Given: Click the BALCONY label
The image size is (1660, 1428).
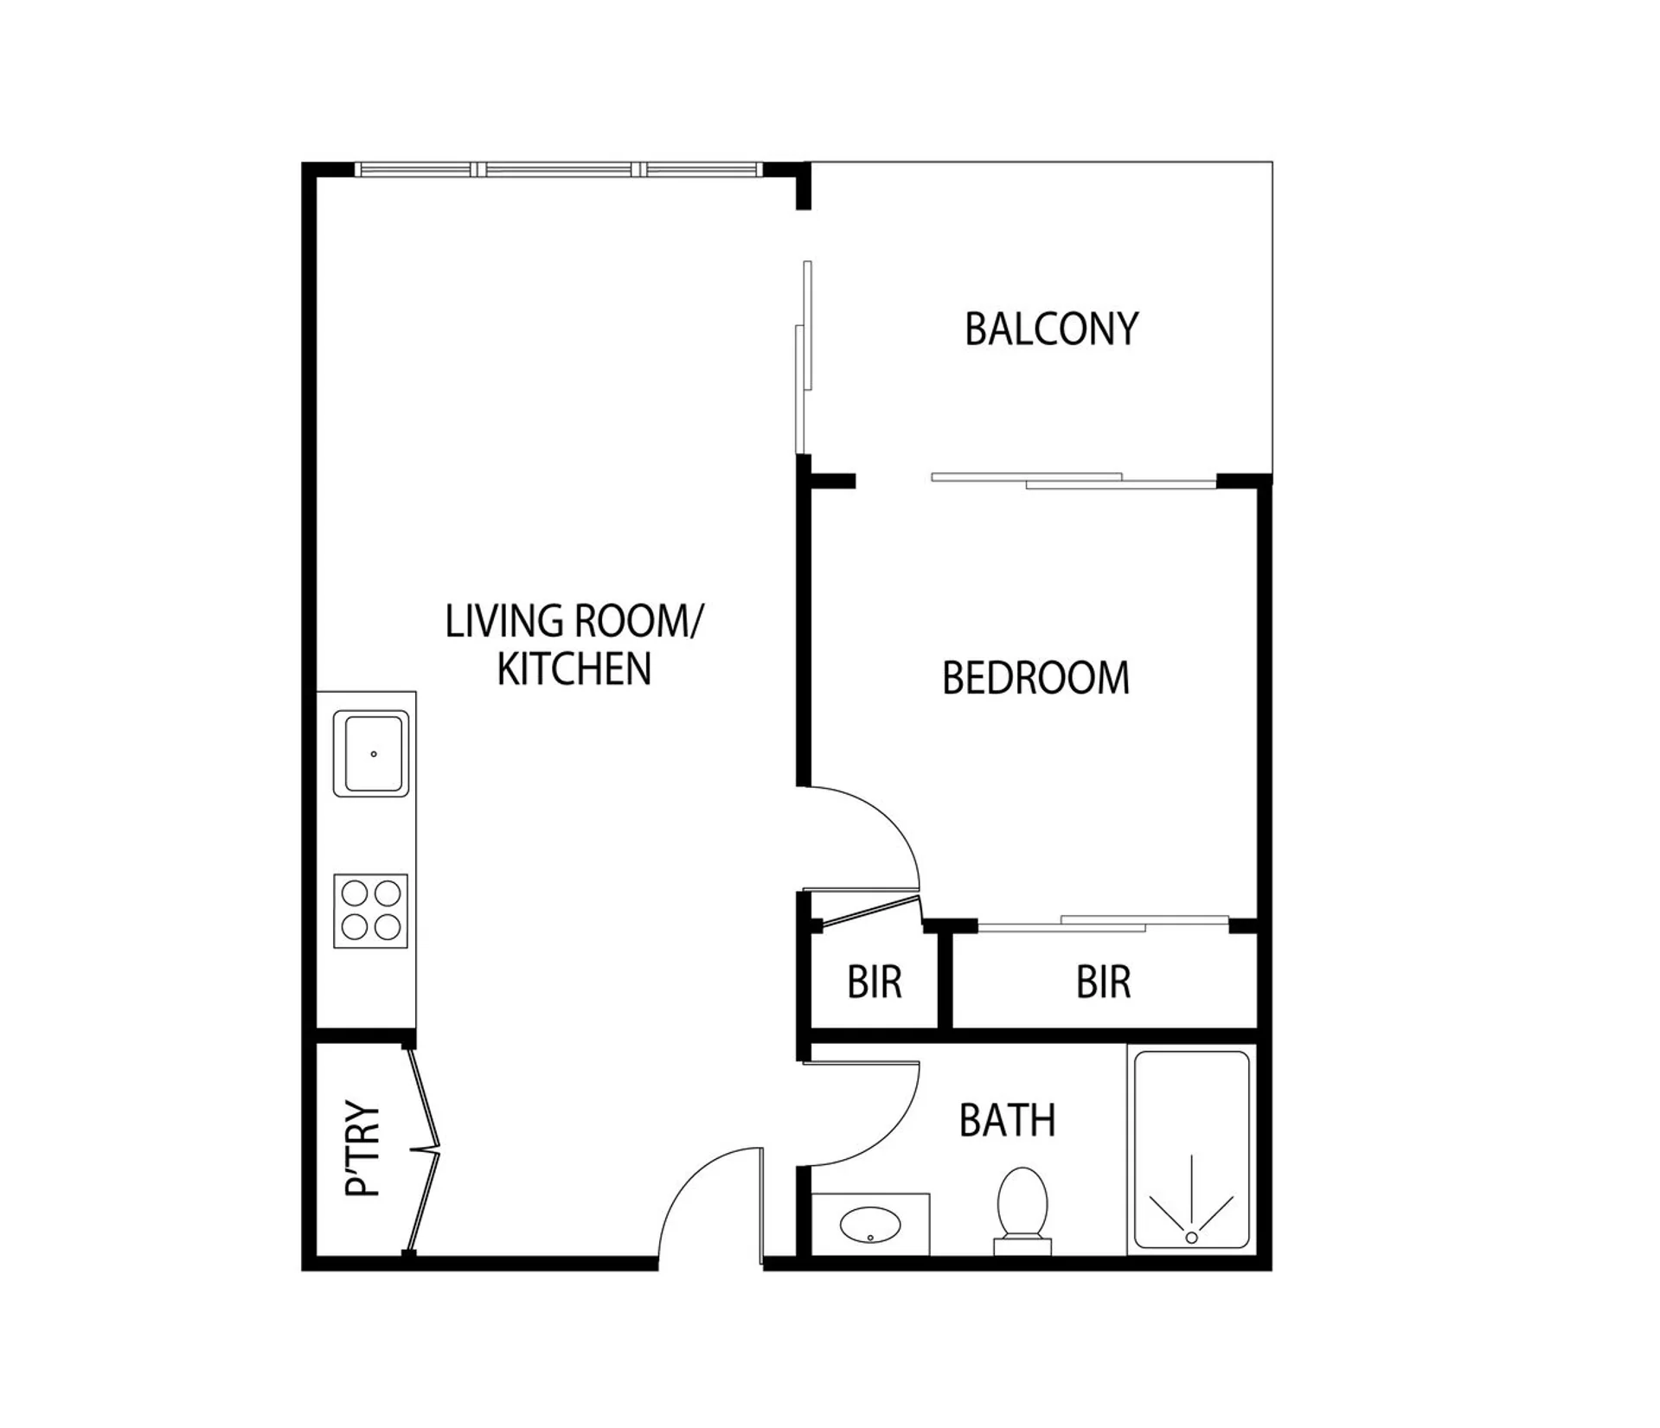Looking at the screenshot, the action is click(x=1051, y=330).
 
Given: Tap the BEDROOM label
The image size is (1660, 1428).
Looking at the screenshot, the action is click(x=1035, y=678).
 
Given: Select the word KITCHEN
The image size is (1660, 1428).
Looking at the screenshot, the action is click(x=574, y=669).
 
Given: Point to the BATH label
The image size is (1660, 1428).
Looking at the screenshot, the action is click(x=1008, y=1121).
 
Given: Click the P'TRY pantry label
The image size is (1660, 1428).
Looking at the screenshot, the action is click(x=363, y=1149).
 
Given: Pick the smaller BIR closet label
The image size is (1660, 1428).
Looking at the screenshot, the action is click(x=875, y=983).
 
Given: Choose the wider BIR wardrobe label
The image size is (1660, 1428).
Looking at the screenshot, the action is click(x=1104, y=983).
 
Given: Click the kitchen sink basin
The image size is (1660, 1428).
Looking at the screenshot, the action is click(x=371, y=753).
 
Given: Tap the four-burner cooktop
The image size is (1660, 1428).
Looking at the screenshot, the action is click(x=370, y=911).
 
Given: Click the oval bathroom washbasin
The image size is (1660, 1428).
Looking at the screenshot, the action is click(x=870, y=1225).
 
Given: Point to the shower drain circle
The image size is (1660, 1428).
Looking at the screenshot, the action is click(x=1191, y=1238).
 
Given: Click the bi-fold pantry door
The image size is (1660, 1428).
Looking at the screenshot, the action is click(x=424, y=1149).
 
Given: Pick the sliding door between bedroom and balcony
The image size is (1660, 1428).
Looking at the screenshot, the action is click(x=1074, y=480).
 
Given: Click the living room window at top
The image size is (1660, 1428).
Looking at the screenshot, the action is click(x=558, y=170).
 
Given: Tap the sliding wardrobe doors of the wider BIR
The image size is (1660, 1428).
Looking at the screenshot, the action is click(x=1104, y=923).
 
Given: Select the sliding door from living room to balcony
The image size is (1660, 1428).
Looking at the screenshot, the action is click(x=804, y=356).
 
